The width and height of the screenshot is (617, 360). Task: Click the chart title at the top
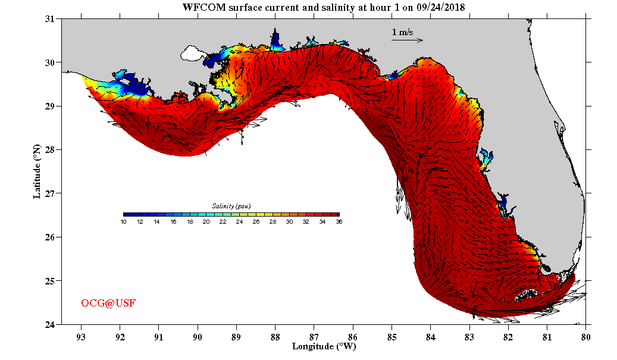[324, 7]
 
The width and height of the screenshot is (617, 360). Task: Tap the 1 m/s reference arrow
[407, 40]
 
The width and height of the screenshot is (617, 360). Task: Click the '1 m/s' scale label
[402, 32]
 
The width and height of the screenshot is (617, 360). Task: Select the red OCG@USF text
[108, 303]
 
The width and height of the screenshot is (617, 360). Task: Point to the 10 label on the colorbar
[123, 222]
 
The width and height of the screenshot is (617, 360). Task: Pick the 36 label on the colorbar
[339, 222]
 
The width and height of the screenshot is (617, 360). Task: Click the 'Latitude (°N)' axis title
[37, 171]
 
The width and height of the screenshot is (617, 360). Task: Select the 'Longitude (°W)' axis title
[324, 346]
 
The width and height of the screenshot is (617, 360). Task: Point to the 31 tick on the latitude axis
[50, 19]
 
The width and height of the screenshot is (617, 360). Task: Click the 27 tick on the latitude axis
[50, 193]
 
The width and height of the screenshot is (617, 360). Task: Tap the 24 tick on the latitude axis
[50, 324]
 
